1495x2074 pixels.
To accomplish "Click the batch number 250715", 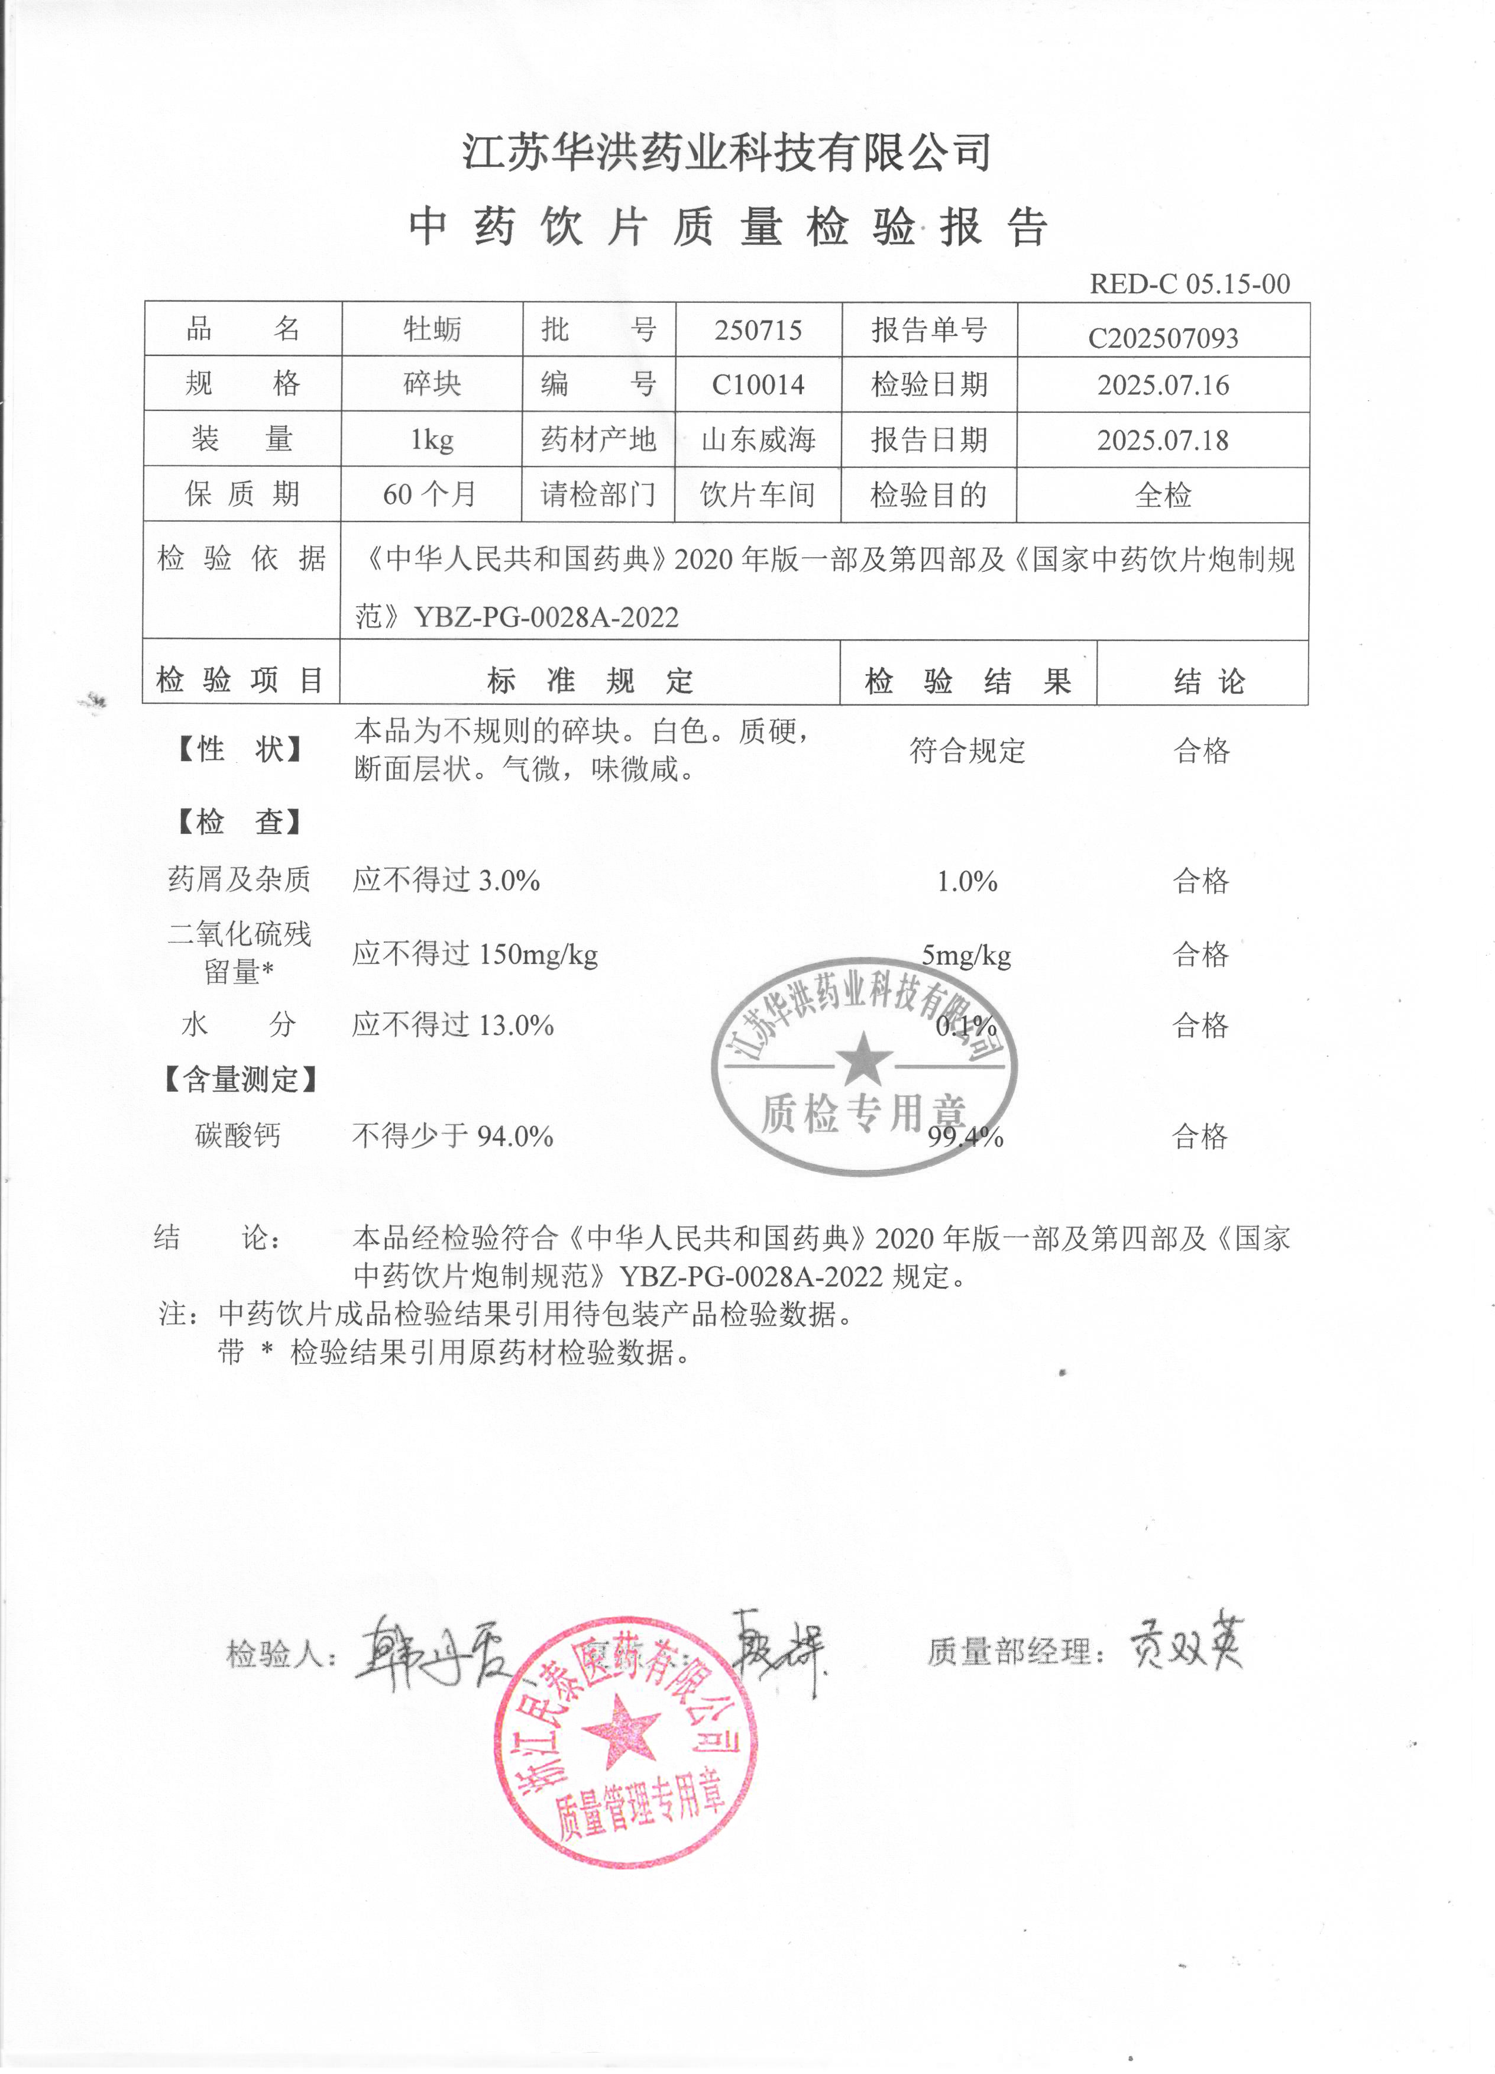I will [x=758, y=330].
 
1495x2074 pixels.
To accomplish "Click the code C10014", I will [x=758, y=385].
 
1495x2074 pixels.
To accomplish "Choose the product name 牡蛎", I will [x=432, y=329].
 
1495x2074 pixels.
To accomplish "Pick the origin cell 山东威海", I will [x=758, y=440].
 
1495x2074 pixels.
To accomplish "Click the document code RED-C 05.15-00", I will [x=1189, y=283].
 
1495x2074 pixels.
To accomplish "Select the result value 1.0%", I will [x=966, y=882].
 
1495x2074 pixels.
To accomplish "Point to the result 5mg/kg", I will [x=966, y=956].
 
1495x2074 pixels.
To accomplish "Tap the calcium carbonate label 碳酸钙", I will [x=238, y=1135].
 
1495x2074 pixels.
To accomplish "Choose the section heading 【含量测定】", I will [x=241, y=1080].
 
